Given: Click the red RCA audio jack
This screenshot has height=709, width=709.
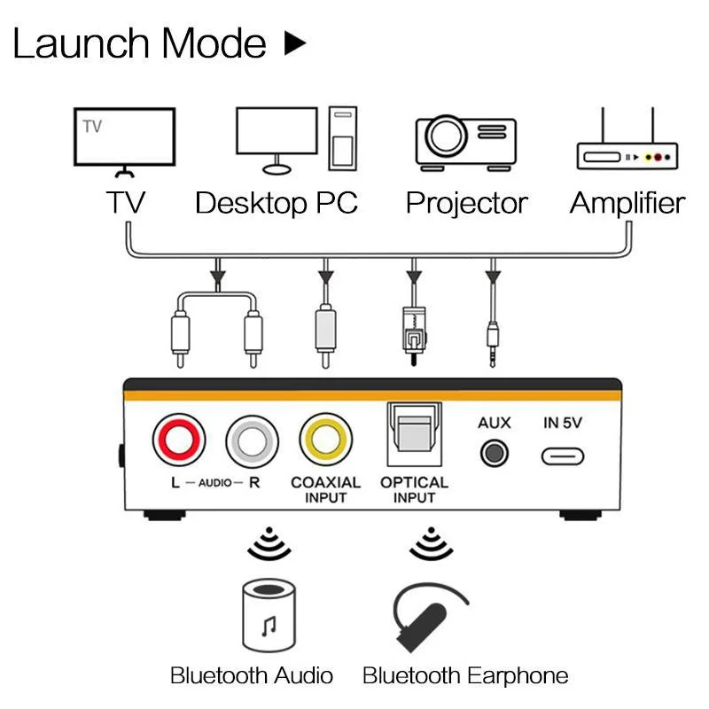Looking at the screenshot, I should pyautogui.click(x=179, y=440).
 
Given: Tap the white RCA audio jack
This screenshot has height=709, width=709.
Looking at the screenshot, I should pyautogui.click(x=252, y=440).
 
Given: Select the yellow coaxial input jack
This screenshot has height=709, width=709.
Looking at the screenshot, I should pyautogui.click(x=325, y=440).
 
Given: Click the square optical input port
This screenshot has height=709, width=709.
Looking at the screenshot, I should pyautogui.click(x=414, y=435).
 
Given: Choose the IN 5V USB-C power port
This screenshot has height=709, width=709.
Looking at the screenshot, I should pyautogui.click(x=563, y=456).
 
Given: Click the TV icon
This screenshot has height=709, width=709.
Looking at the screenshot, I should pyautogui.click(x=123, y=141).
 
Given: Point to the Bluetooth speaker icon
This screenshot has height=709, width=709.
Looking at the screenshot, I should pyautogui.click(x=269, y=617).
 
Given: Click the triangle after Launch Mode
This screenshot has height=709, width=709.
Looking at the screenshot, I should pyautogui.click(x=294, y=43).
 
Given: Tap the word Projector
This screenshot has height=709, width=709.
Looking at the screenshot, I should pyautogui.click(x=466, y=203).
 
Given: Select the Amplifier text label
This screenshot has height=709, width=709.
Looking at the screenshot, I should pyautogui.click(x=627, y=203).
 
